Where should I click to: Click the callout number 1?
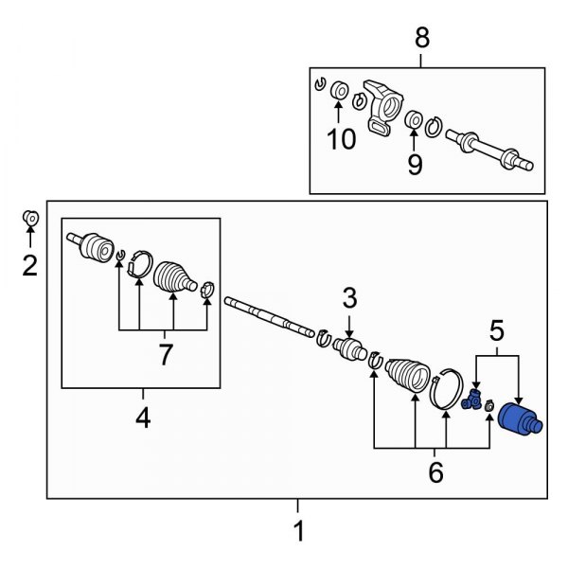[299, 532]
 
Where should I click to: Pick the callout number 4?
[143, 417]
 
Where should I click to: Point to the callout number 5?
[496, 331]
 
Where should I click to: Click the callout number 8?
[422, 39]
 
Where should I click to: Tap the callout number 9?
[414, 165]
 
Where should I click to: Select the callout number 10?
[342, 140]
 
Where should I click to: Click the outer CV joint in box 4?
[94, 248]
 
